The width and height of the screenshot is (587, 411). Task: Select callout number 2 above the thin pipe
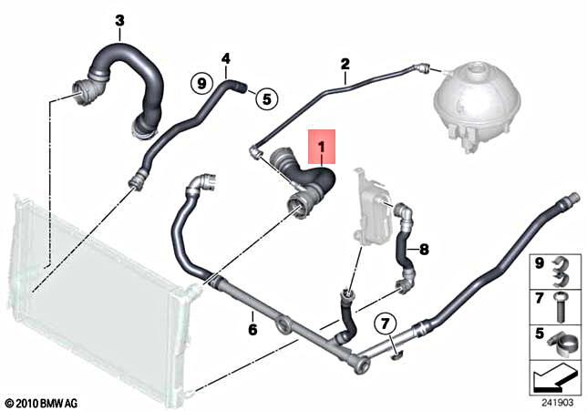click(x=345, y=64)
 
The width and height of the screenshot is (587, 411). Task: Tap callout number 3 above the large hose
click(x=119, y=20)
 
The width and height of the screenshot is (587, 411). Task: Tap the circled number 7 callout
click(x=385, y=322)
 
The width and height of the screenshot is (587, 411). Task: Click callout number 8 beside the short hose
click(x=423, y=246)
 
